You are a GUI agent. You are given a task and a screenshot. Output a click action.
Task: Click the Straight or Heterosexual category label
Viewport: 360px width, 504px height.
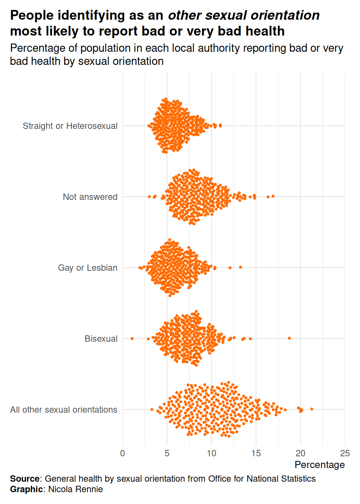pos(70,126)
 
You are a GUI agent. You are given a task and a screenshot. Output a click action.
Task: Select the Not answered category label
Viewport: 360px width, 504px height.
pos(90,197)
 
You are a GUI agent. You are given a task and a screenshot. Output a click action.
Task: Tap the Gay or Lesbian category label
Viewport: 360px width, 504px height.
pos(88,268)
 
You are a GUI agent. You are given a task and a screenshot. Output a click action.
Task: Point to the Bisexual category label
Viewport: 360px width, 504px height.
pos(101,339)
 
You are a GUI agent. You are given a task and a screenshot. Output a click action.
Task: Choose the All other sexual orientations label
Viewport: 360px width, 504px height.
pos(64,409)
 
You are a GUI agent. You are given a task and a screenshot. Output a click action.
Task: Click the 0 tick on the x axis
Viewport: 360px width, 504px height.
pos(123,453)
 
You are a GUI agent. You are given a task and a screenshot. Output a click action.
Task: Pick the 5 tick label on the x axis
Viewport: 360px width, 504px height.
pos(167,453)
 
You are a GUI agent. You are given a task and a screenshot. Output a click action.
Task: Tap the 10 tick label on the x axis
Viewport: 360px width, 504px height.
pos(211,453)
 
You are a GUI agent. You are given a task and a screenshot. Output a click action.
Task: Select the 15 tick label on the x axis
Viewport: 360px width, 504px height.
pos(256,453)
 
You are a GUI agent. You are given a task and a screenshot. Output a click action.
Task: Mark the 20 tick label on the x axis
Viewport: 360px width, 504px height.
pos(300,453)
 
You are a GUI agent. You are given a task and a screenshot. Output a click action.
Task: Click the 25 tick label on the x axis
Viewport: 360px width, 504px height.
pos(345,453)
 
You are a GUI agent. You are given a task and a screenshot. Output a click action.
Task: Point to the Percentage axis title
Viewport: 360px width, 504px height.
pos(319,465)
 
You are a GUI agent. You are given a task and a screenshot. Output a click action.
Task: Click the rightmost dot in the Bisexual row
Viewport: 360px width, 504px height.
pos(289,338)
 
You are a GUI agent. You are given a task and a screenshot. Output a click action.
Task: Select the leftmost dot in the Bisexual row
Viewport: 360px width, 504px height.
pos(132,339)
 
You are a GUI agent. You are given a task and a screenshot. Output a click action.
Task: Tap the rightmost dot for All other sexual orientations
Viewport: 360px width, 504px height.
pos(312,409)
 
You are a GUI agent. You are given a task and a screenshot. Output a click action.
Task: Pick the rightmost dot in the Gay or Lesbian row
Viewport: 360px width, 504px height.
pos(240,267)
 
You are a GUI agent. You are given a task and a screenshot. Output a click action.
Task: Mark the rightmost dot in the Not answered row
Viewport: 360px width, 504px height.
pos(273,196)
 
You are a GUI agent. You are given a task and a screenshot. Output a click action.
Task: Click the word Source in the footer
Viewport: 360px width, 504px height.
pos(25,479)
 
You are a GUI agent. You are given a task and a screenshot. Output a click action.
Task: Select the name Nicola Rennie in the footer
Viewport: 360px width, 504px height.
pos(75,489)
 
